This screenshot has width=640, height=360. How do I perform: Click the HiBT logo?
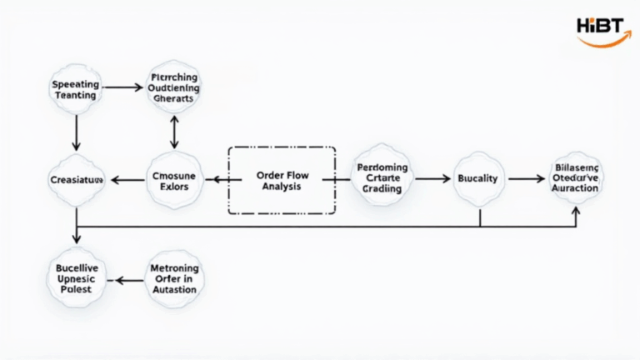(602, 28)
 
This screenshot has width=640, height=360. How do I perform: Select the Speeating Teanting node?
(76, 90)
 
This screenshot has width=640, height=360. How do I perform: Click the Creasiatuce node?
(76, 179)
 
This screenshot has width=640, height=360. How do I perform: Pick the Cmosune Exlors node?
(174, 180)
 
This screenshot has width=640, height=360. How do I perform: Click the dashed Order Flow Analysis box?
(282, 180)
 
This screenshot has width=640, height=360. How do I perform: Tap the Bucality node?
(479, 179)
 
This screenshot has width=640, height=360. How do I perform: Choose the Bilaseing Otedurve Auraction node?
(575, 178)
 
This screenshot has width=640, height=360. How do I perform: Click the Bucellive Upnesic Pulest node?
(76, 278)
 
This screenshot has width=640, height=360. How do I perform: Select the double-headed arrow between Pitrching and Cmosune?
(173, 132)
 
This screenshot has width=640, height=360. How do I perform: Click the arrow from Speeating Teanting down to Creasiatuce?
(76, 132)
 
